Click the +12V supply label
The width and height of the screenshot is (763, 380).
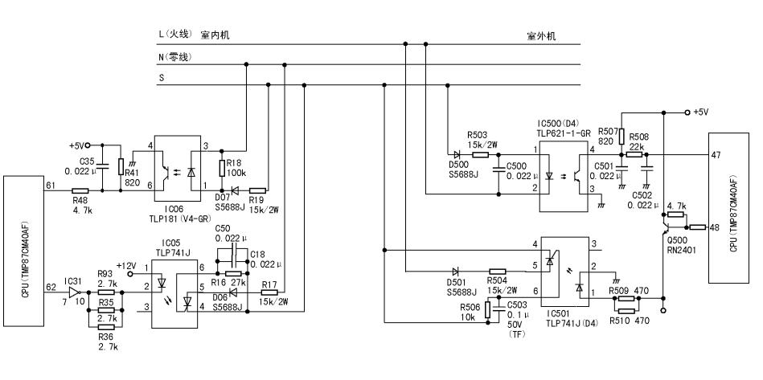click(x=125, y=265)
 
